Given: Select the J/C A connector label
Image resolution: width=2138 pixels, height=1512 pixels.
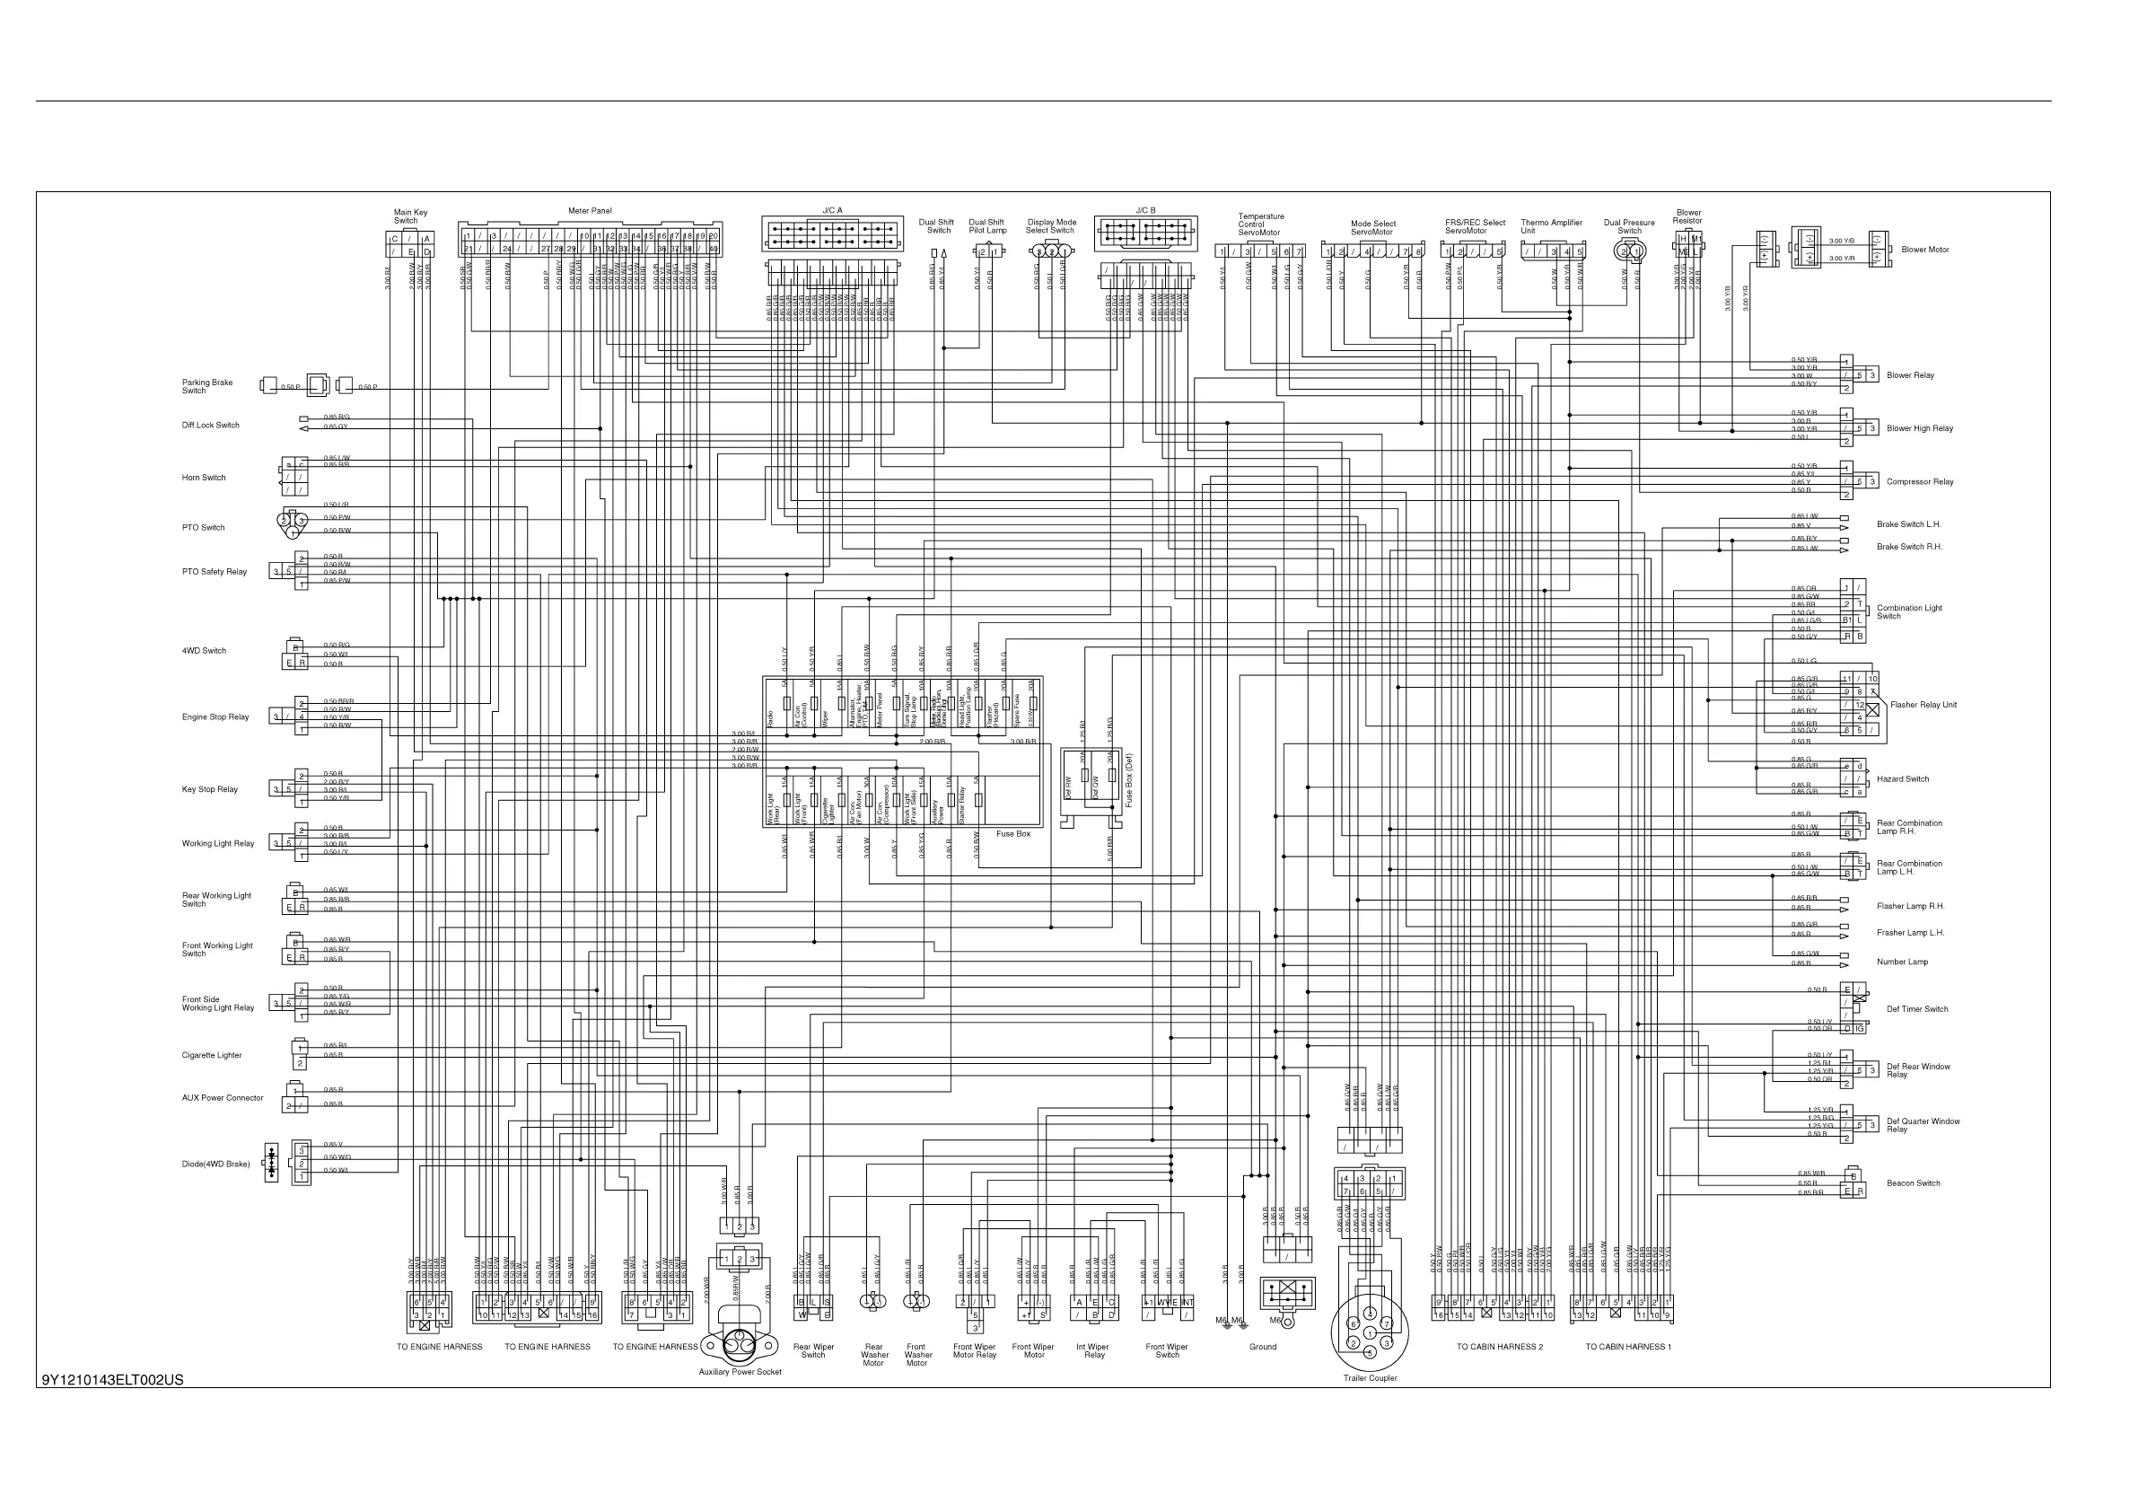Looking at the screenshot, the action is point(831,210).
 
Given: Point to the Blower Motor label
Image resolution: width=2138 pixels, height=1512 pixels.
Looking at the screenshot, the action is point(1924,250).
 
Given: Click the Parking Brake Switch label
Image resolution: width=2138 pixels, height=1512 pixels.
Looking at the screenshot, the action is point(206,387).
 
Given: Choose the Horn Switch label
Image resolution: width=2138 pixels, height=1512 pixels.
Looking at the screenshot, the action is point(203,478).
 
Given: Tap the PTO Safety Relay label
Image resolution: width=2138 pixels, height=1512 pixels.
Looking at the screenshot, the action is point(215,572).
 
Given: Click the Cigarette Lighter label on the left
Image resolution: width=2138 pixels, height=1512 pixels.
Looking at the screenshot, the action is point(212,1056).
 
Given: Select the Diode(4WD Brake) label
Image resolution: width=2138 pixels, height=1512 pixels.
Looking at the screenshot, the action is point(215,1165).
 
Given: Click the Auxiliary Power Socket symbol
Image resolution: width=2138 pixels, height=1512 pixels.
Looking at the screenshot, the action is point(740,1341).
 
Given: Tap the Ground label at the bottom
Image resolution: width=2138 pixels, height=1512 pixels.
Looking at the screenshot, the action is point(1263,1347).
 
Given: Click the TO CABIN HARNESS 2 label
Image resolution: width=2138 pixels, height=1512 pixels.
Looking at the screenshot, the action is point(1499,1347).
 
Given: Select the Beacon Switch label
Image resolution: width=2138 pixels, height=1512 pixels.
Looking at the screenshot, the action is point(1913,1183).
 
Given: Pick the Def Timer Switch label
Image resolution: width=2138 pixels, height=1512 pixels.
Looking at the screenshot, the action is point(1916,1009).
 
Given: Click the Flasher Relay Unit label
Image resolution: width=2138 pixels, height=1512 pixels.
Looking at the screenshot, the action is point(1923,705).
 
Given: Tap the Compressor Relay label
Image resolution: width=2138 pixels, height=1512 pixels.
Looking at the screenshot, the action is point(1919,482).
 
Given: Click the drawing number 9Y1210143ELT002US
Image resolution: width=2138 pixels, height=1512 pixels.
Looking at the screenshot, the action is point(113,1380).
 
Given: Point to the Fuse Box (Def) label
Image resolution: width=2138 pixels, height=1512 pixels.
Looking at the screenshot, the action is point(1129,779).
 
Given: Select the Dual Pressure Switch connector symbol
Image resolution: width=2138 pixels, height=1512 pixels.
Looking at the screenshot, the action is point(1629,251).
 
